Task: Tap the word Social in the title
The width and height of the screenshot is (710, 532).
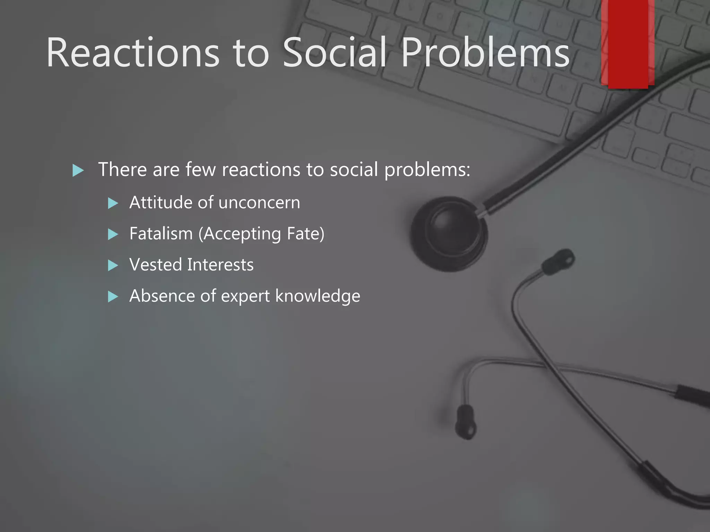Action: [x=335, y=53]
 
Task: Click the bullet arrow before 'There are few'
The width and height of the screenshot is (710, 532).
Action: [x=78, y=170]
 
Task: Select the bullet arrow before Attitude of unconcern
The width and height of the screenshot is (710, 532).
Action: [x=113, y=203]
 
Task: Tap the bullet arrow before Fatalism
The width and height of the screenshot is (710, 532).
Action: [x=113, y=234]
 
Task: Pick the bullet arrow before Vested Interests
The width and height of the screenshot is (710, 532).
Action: [x=113, y=266]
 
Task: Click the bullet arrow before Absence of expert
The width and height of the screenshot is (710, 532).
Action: [x=113, y=297]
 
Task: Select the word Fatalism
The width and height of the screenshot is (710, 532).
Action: [x=161, y=234]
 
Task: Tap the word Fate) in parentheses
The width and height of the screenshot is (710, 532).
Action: [x=305, y=234]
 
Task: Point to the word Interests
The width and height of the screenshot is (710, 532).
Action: [x=220, y=265]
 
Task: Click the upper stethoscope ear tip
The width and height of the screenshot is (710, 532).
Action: [x=559, y=261]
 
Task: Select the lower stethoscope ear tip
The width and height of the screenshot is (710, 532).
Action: [x=466, y=422]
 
